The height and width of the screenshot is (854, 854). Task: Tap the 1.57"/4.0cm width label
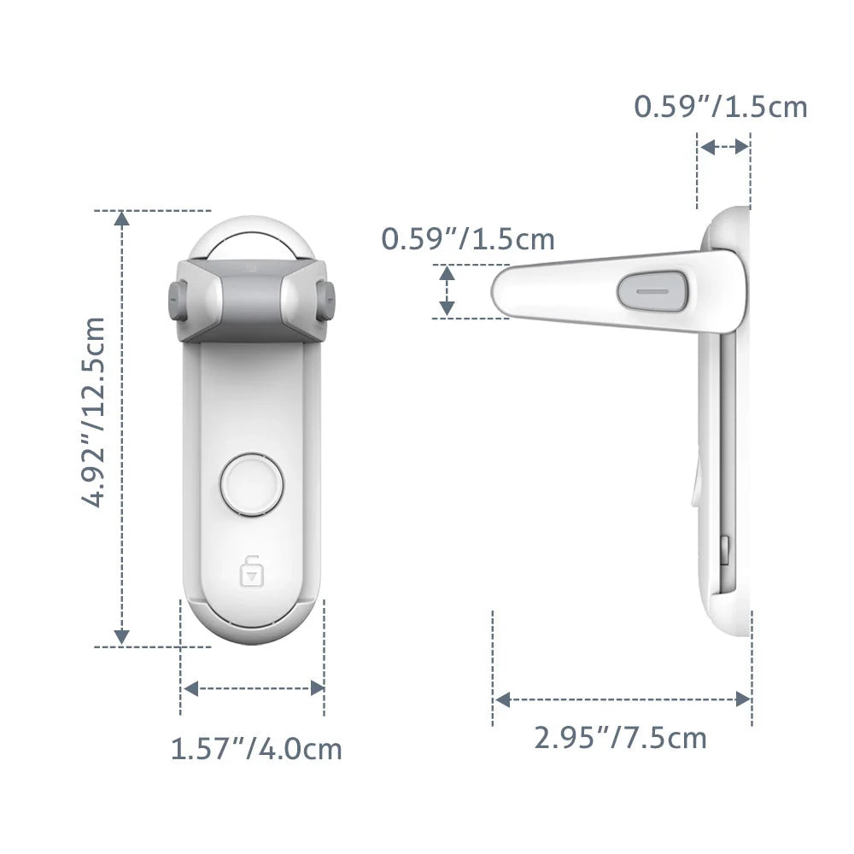tap(256, 749)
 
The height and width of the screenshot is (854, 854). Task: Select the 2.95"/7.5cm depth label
tap(621, 737)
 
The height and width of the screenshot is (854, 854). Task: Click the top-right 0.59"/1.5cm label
tap(720, 107)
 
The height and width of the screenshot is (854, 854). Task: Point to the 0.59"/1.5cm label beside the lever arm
tap(468, 239)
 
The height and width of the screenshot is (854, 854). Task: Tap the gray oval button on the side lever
tap(653, 290)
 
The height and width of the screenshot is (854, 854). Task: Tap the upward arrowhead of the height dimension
tap(122, 219)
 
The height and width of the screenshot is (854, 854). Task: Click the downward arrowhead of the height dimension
tap(122, 636)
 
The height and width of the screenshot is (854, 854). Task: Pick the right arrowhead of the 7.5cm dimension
tap(743, 699)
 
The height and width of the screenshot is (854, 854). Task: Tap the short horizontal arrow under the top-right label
tap(723, 147)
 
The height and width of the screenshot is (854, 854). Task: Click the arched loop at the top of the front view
tap(251, 236)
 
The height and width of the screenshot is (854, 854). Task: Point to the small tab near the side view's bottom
tap(725, 550)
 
